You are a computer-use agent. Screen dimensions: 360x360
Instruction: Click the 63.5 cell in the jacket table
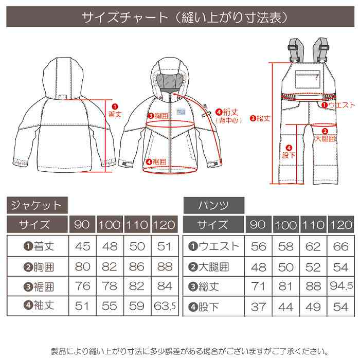point(165,307)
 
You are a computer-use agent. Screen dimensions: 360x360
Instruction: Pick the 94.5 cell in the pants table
point(340,286)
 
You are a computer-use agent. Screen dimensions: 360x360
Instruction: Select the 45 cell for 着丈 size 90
point(82,246)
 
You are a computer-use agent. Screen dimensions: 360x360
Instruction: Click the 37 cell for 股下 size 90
point(259,307)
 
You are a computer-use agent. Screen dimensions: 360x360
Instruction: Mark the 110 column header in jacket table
point(137,225)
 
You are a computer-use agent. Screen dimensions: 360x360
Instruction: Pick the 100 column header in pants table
point(286,225)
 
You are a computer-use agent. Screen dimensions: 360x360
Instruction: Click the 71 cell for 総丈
point(259,286)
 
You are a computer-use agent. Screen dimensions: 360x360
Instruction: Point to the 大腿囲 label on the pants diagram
point(325,138)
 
